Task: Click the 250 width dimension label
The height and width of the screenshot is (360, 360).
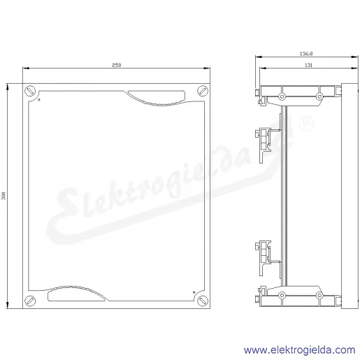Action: point(116,65)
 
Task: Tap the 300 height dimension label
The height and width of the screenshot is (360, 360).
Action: point(3,196)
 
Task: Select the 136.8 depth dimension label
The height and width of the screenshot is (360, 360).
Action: point(306,54)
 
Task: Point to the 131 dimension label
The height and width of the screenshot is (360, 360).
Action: point(308,65)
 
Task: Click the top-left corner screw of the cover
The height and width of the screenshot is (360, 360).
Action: point(30,91)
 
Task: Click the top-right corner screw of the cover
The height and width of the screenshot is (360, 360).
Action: point(203,91)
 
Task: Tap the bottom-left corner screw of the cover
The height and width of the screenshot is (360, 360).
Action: point(30,301)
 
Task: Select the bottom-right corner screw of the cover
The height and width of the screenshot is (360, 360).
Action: point(203,301)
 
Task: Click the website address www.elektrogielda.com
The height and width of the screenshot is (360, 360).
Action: point(299,350)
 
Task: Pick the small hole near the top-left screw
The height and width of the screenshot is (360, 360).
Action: point(39,100)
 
